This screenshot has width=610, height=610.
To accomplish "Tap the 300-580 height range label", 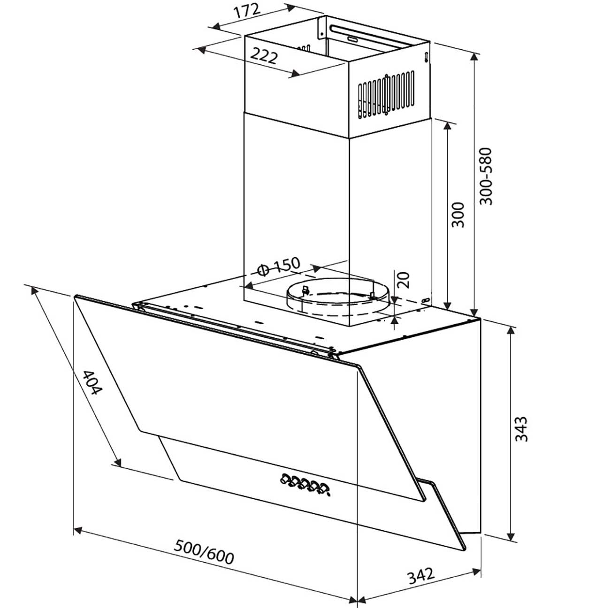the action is [x=486, y=176].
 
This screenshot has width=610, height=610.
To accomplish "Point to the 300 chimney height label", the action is [x=458, y=215].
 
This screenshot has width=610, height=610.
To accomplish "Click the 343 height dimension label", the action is [x=521, y=429].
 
